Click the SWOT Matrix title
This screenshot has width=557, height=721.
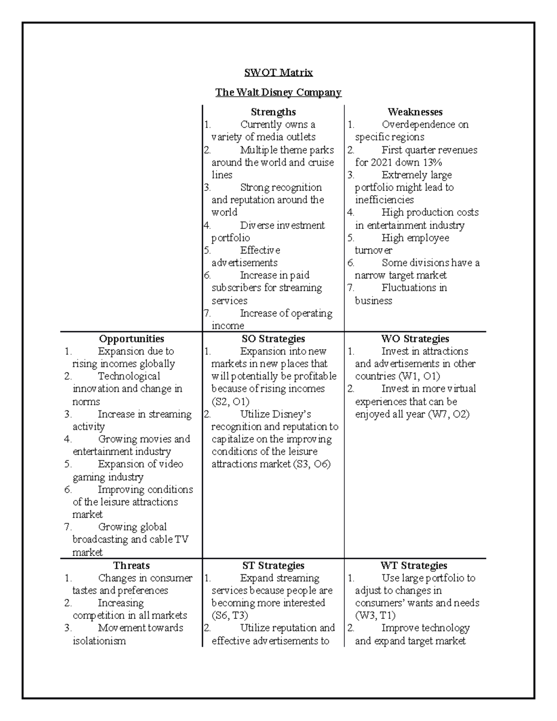(278, 72)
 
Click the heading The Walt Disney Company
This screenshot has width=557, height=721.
(278, 92)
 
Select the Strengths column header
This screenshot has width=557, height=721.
(273, 112)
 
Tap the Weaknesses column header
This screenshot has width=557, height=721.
(415, 112)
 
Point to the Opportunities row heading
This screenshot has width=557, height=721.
(132, 339)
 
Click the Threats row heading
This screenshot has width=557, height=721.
(132, 565)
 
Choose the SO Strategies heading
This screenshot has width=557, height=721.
(273, 339)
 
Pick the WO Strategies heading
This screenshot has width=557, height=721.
(415, 339)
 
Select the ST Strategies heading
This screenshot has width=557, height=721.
(273, 565)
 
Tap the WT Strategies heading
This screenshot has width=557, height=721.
(414, 565)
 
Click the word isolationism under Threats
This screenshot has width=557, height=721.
(99, 641)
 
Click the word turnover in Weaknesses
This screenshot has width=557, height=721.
(374, 250)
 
